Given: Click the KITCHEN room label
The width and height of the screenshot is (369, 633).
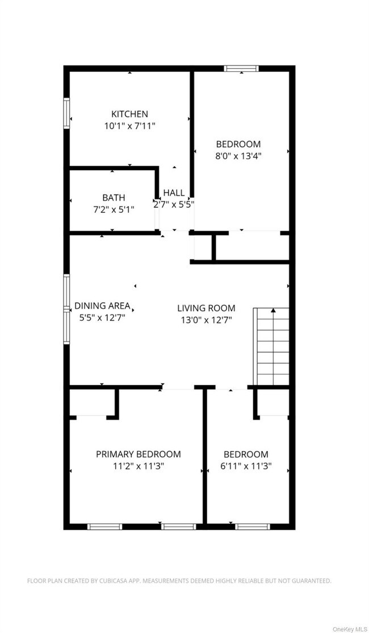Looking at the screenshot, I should pos(129,114).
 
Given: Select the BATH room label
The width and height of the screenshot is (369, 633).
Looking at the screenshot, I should pos(114,197).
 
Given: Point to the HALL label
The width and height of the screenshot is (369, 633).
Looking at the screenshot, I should pos(174,193).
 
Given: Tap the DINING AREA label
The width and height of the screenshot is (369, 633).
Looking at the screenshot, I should pos(102,305).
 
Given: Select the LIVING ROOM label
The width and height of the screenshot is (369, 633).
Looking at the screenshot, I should pos(206,308).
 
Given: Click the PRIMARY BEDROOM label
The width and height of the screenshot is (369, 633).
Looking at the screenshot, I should pos(138,454).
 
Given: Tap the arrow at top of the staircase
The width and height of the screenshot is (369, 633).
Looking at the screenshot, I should pos(273,311).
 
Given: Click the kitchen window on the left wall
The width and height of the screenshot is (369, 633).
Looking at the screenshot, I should pos(66,114).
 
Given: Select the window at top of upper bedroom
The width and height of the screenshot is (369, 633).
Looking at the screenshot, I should pos(241,68).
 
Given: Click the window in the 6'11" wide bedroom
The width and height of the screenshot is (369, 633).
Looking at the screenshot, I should pos(251,526).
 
